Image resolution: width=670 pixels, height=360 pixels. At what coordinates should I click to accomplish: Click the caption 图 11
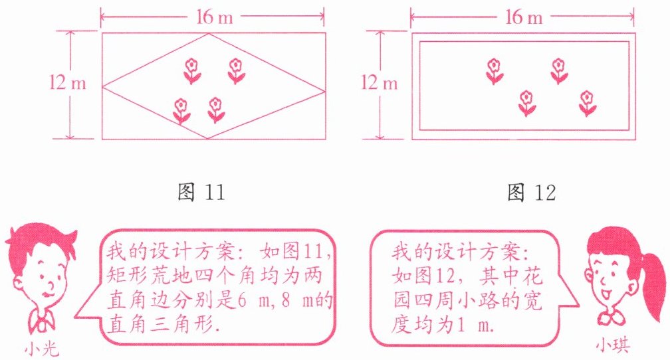click(x=201, y=192)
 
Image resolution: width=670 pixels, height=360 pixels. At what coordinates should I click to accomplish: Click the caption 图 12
click(x=532, y=192)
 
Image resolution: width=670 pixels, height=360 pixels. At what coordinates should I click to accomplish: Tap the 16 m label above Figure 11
click(x=215, y=17)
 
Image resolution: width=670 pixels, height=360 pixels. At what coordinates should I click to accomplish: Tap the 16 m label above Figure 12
click(x=524, y=17)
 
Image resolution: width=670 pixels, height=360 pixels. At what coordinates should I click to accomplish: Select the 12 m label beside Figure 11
click(x=68, y=82)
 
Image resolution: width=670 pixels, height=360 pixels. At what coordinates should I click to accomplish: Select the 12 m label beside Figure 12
click(x=379, y=82)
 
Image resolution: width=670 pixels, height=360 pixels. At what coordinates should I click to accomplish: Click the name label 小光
click(x=41, y=350)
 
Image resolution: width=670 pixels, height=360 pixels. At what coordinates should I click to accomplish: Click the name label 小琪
click(x=613, y=345)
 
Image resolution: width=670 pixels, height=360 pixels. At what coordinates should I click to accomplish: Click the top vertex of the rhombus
click(x=209, y=34)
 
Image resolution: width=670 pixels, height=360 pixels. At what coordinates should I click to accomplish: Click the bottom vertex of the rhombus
click(x=207, y=138)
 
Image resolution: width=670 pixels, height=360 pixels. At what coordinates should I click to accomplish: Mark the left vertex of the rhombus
click(x=102, y=87)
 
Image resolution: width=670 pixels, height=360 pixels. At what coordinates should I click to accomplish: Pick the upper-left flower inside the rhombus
click(x=192, y=71)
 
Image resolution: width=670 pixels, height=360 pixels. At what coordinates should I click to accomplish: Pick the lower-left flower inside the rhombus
click(x=181, y=111)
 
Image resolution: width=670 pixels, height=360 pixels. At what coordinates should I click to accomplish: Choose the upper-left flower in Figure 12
click(x=495, y=71)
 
